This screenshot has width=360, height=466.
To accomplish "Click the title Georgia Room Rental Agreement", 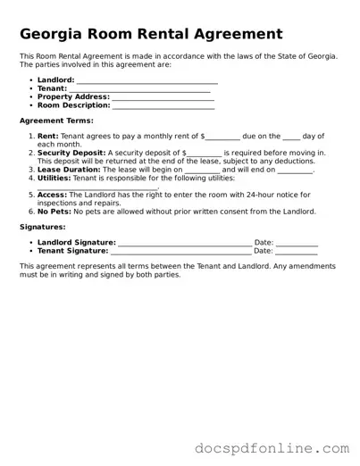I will click(x=151, y=34).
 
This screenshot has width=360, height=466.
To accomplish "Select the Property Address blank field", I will click(x=163, y=96).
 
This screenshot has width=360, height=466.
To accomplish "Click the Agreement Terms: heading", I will click(x=56, y=120).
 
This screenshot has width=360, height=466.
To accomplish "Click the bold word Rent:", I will click(x=48, y=136).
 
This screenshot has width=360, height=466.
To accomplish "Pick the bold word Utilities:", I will click(x=54, y=178).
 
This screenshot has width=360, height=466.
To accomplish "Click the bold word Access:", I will click(x=52, y=195).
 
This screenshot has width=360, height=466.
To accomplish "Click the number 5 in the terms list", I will click(x=31, y=195).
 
